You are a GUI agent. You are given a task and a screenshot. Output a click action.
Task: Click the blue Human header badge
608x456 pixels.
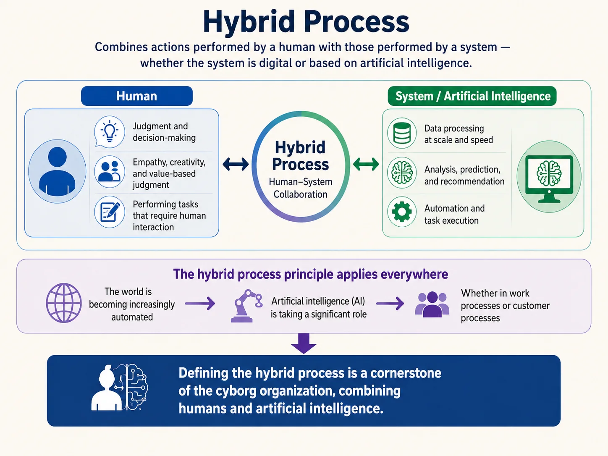coord(137,96)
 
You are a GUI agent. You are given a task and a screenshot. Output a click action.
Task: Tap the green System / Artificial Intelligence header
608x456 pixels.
coord(472,96)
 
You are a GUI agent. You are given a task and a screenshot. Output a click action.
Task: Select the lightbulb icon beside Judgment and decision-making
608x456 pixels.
coord(110,131)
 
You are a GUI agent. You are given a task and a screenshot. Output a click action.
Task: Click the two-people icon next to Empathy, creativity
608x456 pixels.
coord(110,172)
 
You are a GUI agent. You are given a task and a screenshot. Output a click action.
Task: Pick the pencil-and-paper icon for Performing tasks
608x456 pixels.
coord(110,212)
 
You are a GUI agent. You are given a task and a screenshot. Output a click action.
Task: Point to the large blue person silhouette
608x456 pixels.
coord(58,171)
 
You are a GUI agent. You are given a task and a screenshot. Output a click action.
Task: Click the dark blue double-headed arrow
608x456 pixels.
coord(236,164)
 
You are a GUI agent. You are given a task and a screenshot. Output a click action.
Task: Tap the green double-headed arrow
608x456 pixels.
coord(366,164)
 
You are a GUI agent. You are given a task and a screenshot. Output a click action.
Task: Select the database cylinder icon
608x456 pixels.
coord(402,133)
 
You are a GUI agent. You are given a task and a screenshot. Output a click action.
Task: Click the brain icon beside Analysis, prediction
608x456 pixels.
coord(402,173)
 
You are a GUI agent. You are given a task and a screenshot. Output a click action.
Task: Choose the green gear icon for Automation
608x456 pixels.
coord(402,212)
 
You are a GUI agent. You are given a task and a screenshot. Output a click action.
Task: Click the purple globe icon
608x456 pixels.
coord(64,303)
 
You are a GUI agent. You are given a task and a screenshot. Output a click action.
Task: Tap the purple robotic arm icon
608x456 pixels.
coord(247,306)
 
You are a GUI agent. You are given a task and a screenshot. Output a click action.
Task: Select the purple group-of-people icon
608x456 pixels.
coord(432,304)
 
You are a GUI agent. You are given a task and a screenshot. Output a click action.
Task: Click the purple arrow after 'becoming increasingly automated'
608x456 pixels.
coord(200,303)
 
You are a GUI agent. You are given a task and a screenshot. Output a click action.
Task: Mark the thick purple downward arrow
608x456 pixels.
coord(304,343)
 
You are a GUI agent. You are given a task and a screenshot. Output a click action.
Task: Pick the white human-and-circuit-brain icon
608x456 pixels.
coord(120,387)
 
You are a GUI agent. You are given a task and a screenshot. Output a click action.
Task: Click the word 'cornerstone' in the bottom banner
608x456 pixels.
coord(406,373)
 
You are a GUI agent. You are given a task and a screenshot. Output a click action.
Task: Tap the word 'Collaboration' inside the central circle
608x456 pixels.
coord(301,194)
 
